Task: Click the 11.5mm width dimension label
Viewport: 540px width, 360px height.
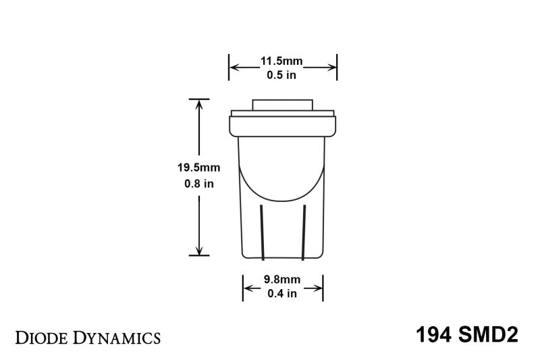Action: [282, 62]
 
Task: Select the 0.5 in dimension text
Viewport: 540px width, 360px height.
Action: [282, 75]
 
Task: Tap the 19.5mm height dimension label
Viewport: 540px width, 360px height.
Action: [199, 168]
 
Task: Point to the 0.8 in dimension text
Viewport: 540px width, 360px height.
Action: [199, 184]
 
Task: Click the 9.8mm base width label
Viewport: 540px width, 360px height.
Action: [282, 279]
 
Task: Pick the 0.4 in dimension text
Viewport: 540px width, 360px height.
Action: [282, 292]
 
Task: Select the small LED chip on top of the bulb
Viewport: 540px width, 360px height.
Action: [282, 105]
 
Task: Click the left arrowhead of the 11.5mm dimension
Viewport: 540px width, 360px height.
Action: [234, 67]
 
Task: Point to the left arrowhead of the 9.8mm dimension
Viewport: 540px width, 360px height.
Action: [247, 288]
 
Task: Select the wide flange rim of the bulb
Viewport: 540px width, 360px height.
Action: [282, 124]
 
